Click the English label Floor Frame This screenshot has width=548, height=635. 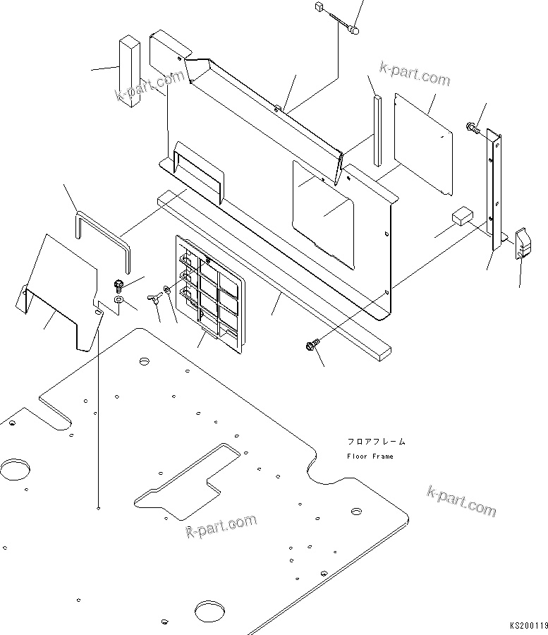point(370,456)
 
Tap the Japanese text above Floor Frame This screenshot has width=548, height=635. point(376,442)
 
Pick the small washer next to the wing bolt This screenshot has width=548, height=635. point(166,289)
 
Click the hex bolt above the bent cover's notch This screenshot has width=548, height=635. point(117,286)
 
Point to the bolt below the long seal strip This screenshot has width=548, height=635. point(310,346)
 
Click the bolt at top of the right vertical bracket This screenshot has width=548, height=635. point(471,128)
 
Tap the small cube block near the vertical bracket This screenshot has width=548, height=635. point(462,216)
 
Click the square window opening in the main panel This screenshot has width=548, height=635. point(323,212)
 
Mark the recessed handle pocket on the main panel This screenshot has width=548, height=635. point(197,170)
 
